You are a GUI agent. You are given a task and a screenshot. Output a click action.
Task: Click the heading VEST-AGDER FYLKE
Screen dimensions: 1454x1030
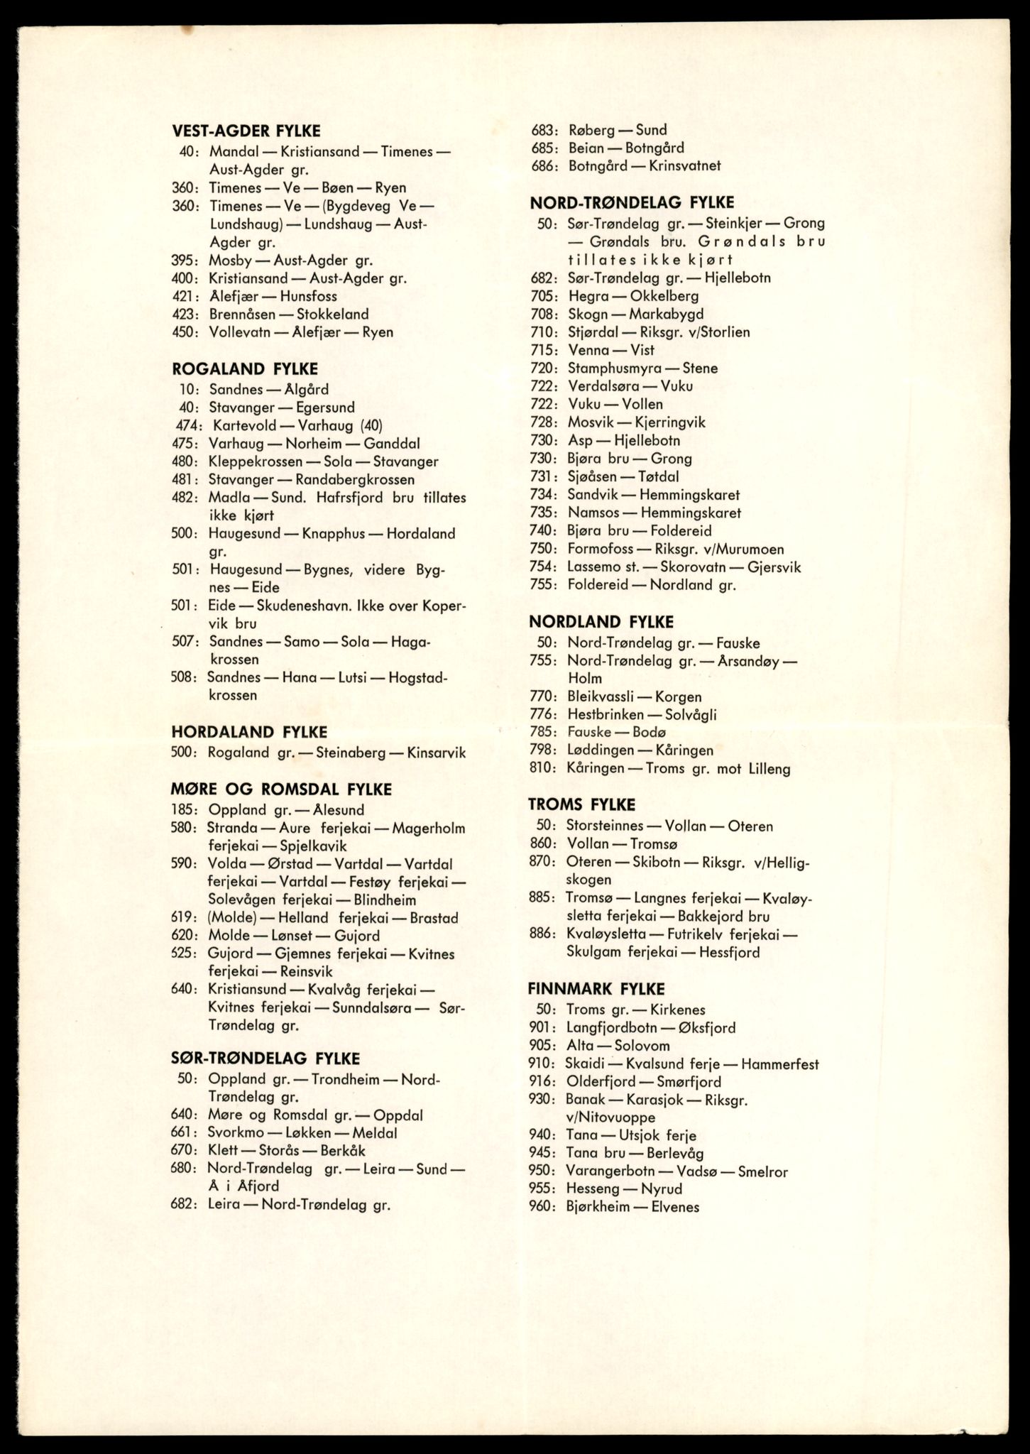(246, 131)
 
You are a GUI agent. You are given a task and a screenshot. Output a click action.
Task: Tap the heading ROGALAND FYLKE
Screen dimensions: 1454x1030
(244, 369)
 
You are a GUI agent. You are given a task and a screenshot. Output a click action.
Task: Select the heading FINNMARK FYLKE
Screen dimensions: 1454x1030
(596, 989)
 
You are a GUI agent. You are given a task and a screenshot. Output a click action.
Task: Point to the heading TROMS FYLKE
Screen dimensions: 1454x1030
(581, 804)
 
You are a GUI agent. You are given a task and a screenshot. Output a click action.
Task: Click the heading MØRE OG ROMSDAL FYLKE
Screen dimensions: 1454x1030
(281, 789)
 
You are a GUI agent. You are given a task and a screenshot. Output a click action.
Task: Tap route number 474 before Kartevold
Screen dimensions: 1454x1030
(188, 426)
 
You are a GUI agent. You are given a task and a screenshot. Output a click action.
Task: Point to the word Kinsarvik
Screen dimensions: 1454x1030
(437, 753)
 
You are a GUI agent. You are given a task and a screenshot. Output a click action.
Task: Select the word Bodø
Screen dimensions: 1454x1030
(649, 732)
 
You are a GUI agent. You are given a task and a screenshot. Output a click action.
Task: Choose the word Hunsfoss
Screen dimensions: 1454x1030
(308, 297)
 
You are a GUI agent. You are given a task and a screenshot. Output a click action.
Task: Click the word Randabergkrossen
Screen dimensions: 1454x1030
(355, 480)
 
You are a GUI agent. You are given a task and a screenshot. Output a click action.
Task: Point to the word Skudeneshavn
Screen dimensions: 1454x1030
(298, 606)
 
